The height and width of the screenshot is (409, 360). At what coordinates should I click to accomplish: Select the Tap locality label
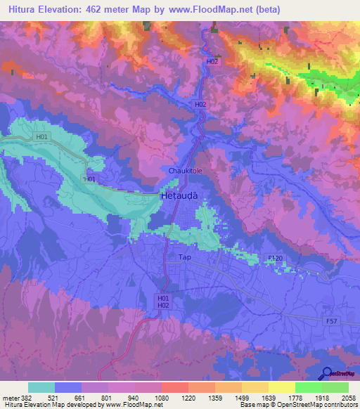coord(185,258)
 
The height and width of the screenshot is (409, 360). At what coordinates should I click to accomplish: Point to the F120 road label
coord(276,259)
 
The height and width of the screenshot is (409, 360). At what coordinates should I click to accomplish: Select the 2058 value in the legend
coord(349,396)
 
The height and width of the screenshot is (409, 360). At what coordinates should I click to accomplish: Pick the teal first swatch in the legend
coord(41,387)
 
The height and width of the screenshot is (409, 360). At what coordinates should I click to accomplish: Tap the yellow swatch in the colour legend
coord(282,387)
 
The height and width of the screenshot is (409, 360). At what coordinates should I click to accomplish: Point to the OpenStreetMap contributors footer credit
coord(299,405)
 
